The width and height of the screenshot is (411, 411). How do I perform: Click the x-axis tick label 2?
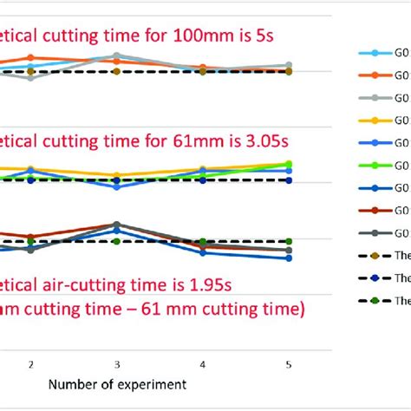31,364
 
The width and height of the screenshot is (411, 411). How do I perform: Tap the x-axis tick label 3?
117,364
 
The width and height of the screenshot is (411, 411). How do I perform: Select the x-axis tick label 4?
202,364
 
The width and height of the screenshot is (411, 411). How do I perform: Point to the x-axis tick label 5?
288,364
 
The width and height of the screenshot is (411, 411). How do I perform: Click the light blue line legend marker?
375,54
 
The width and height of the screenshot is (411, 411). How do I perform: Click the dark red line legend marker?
375,211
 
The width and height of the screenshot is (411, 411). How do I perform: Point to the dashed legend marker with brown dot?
375,256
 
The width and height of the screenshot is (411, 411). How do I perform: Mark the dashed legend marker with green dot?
375,301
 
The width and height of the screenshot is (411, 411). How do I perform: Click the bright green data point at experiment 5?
288,164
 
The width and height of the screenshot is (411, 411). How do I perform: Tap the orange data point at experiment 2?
31,57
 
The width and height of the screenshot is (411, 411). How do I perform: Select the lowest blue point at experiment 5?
288,258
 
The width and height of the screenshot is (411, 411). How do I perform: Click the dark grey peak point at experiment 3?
117,225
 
